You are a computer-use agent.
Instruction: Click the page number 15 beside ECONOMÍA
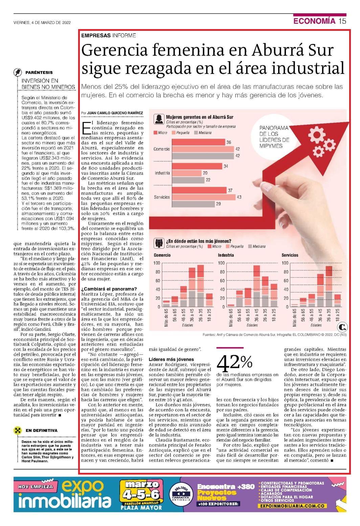[342, 21]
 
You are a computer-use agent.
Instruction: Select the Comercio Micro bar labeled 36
[199, 142]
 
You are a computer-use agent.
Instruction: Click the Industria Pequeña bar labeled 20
[187, 173]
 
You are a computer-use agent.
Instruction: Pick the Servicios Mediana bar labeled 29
[194, 204]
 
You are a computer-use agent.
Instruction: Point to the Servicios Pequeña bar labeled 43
[204, 197]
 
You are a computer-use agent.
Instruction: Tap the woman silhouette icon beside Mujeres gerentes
[159, 119]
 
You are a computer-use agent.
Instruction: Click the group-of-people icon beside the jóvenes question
[159, 243]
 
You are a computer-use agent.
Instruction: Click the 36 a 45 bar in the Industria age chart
[256, 286]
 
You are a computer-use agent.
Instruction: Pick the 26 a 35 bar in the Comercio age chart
[201, 286]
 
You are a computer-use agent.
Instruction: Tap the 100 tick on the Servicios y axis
[285, 263]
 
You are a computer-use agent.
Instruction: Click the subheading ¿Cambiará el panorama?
[109, 289]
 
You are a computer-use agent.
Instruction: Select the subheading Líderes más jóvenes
[171, 359]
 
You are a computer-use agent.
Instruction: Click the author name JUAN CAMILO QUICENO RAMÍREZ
[115, 113]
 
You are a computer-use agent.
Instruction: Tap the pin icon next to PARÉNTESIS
[18, 72]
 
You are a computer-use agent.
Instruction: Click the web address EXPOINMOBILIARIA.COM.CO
[292, 506]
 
